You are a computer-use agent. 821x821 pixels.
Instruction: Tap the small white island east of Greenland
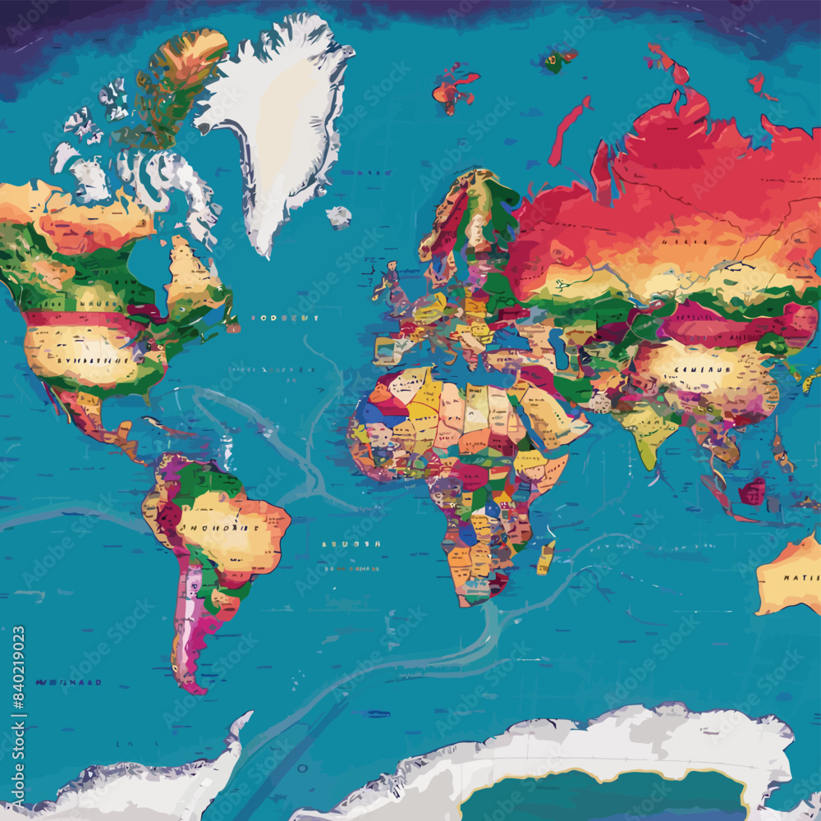[x=338, y=217]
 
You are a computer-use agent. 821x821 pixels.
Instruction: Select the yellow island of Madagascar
[x=546, y=557]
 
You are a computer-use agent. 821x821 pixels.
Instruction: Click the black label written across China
[x=704, y=370]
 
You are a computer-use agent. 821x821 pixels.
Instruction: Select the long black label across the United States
[x=82, y=360]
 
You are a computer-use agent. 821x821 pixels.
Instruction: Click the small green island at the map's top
[x=560, y=59]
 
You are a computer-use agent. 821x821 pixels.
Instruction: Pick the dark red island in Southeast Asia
[x=751, y=492]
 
